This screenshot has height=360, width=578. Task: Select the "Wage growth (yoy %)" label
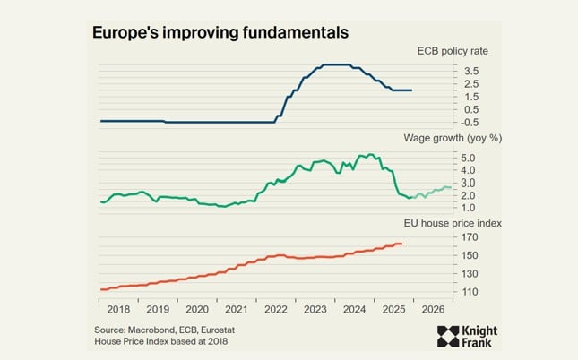tap(431, 138)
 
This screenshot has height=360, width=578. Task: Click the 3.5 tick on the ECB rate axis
tap(470, 71)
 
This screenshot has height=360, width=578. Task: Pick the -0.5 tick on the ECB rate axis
tap(469, 122)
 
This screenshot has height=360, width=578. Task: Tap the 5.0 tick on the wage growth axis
tap(470, 158)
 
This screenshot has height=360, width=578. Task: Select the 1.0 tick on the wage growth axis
tap(470, 208)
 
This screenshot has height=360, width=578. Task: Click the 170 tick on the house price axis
tap(470, 237)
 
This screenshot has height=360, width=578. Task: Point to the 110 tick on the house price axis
tap(470, 292)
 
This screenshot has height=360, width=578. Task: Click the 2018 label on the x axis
tap(118, 308)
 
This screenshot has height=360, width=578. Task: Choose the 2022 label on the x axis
tap(276, 308)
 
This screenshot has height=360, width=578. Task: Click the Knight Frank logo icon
tap(448, 337)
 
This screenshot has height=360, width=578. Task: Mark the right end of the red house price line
tap(402, 244)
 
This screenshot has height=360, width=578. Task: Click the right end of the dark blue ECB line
tap(411, 90)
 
